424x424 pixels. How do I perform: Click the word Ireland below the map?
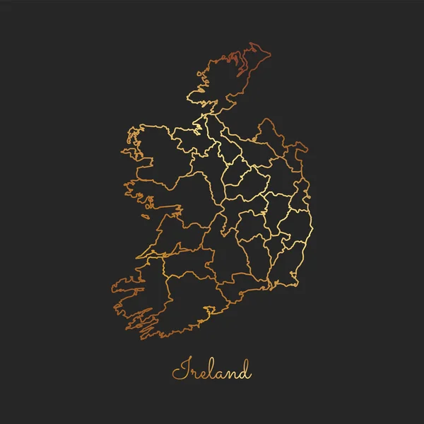coord(211,370)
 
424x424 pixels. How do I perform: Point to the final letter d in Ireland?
coord(244,368)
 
